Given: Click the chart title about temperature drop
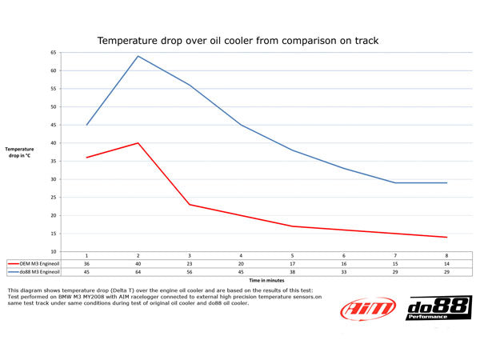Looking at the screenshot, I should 238,39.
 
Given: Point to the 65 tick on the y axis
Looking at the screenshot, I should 53,52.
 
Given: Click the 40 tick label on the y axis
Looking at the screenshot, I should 53,142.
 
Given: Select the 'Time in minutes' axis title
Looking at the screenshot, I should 266,280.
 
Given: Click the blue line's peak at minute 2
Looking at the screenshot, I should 138,56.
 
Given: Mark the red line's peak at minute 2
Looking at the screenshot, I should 138,143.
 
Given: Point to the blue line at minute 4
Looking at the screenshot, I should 241,125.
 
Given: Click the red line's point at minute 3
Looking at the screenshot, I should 190,205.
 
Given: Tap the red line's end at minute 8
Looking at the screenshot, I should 446,237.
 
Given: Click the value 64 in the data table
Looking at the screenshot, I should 138,271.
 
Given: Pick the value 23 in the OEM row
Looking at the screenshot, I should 190,262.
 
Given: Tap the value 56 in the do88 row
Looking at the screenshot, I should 190,271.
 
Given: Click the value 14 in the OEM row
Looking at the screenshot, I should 446,262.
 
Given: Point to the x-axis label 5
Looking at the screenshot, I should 292,254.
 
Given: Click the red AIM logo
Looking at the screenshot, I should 367,310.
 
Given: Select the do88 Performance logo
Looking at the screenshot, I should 439,310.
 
